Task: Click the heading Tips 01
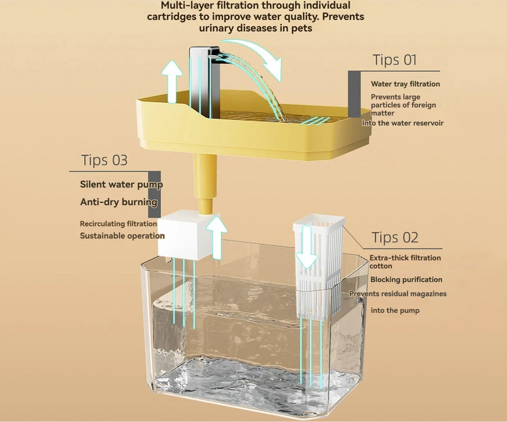click(395, 60)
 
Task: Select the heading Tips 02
click(395, 237)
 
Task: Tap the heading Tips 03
click(104, 160)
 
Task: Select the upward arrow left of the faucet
click(171, 82)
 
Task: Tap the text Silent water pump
click(121, 185)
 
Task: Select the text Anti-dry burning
click(119, 202)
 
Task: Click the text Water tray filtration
click(405, 84)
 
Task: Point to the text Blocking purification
click(406, 280)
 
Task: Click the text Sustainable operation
click(122, 236)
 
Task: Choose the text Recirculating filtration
click(118, 224)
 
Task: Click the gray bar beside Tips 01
click(354, 94)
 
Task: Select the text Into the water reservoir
click(403, 123)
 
